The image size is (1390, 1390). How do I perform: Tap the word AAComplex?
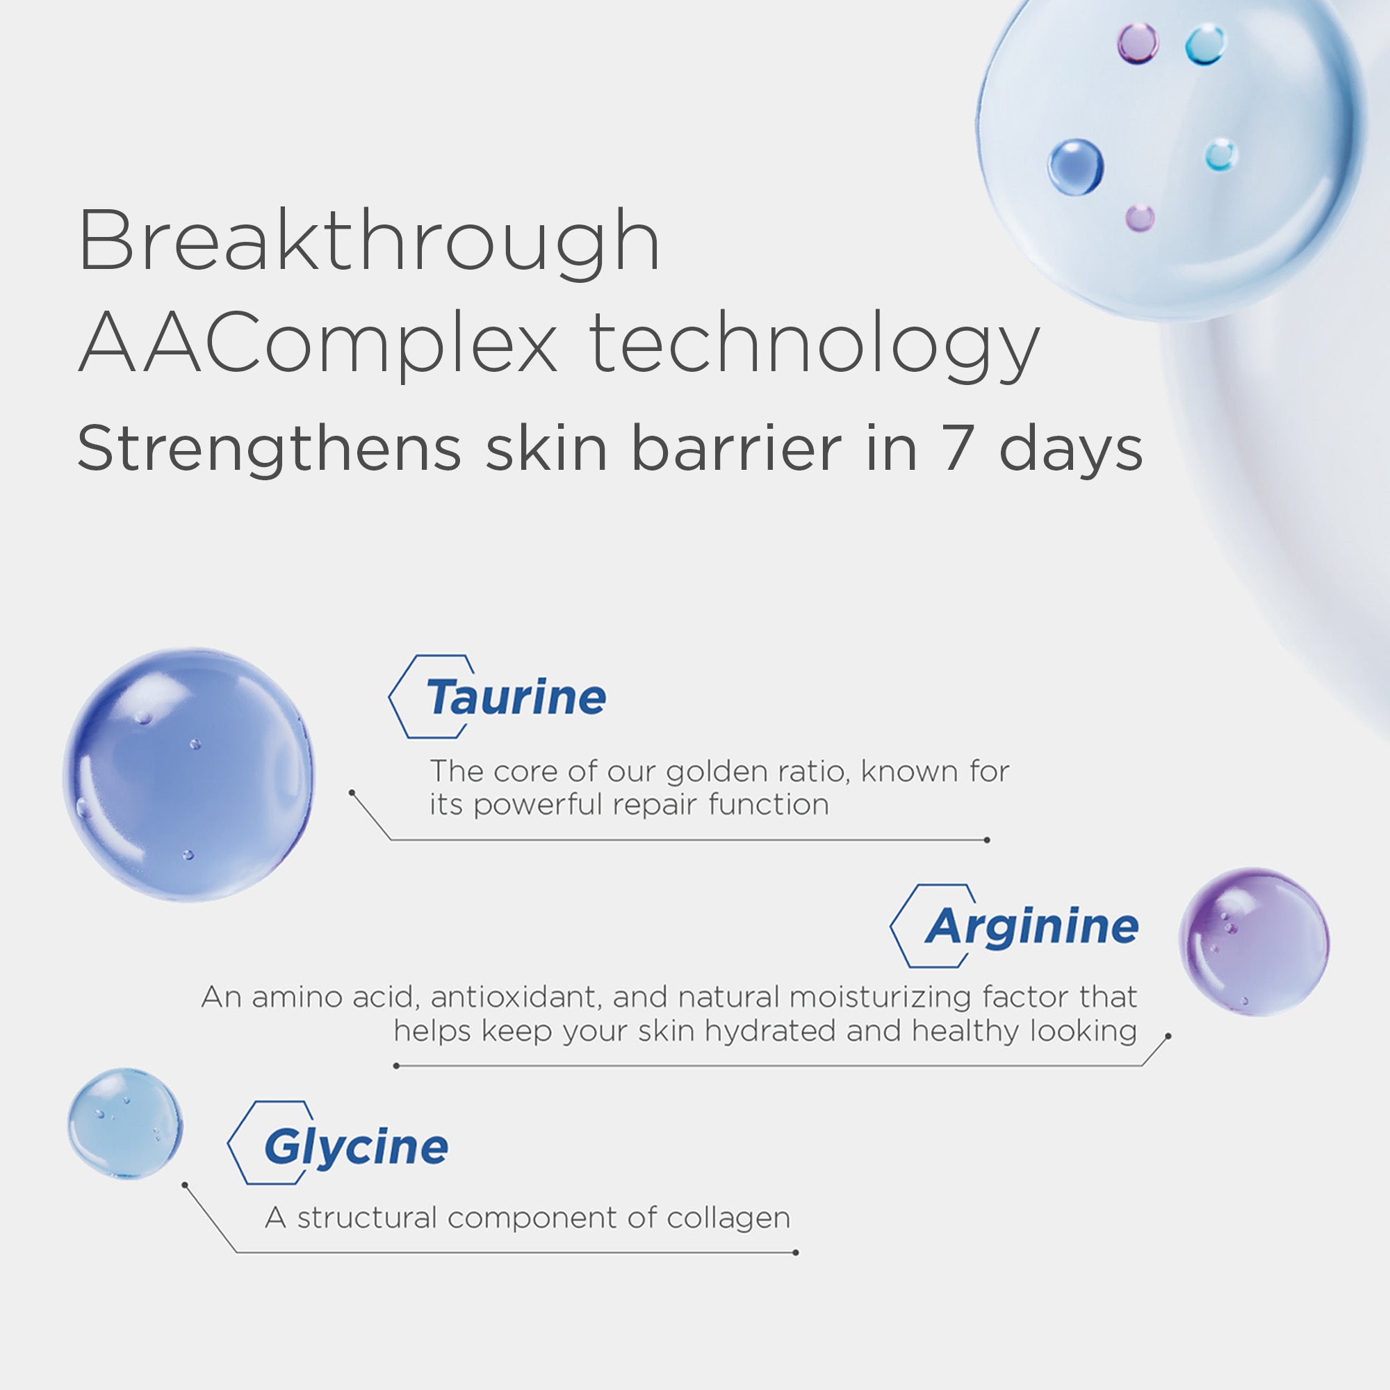(x=318, y=343)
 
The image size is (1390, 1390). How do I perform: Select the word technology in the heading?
(x=814, y=343)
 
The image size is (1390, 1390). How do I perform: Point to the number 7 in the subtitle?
(x=958, y=449)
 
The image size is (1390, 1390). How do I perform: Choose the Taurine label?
(x=516, y=697)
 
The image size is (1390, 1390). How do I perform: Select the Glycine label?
(x=356, y=1147)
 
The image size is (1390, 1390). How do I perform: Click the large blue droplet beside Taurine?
(x=188, y=774)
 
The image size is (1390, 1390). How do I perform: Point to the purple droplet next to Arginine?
(x=1253, y=942)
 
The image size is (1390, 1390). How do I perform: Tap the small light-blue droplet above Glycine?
(x=125, y=1123)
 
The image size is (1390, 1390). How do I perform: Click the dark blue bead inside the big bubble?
(x=1075, y=167)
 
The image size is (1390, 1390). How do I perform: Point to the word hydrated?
(x=770, y=1031)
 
